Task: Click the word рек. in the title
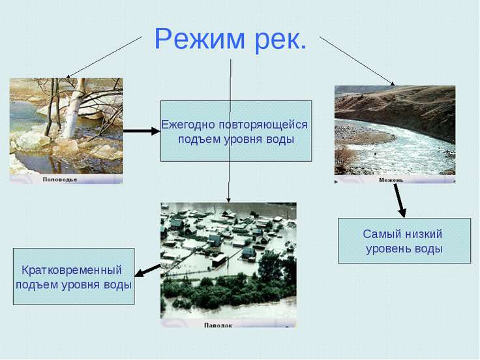(x=277, y=40)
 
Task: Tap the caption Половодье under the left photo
(x=60, y=179)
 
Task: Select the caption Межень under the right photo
(x=391, y=179)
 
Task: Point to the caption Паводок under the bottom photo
(x=218, y=324)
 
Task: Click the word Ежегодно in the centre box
(x=188, y=124)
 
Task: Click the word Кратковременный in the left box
(x=72, y=269)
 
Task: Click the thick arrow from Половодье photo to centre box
(x=142, y=131)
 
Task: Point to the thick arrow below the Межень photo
(x=400, y=200)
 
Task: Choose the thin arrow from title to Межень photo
(x=357, y=61)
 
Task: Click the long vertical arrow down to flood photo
(x=230, y=130)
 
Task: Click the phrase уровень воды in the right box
(x=404, y=248)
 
